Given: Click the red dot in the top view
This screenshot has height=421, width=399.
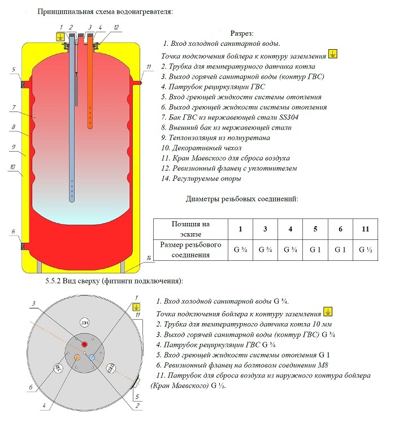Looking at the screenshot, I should (x=85, y=344).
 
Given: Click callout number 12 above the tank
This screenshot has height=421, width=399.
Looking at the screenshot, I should (x=116, y=27).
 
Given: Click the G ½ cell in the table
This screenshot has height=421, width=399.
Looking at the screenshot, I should (x=363, y=249).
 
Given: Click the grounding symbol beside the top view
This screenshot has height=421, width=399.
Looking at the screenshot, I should (x=136, y=307).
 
